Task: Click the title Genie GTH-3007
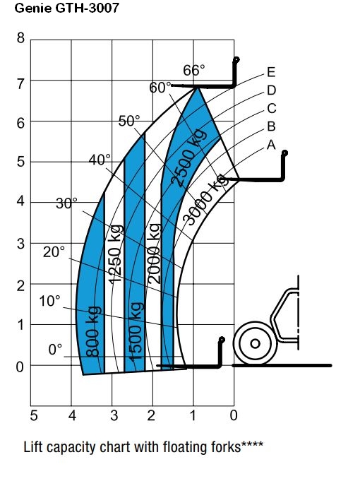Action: click(66, 8)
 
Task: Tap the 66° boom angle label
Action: click(194, 70)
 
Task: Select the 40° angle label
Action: click(100, 160)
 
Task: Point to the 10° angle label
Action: click(49, 301)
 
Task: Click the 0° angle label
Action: click(55, 350)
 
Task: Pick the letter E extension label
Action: click(271, 72)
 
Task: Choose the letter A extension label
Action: click(271, 145)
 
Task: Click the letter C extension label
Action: click(271, 109)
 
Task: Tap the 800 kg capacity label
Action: click(92, 331)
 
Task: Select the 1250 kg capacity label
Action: click(116, 254)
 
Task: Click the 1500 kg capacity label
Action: click(136, 331)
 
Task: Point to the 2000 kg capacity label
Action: click(155, 253)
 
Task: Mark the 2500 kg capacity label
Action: click(188, 158)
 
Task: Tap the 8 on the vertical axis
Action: click(20, 38)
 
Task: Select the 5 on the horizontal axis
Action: click(34, 415)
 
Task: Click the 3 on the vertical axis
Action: click(20, 244)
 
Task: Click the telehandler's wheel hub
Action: click(255, 343)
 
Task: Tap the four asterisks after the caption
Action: click(252, 444)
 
